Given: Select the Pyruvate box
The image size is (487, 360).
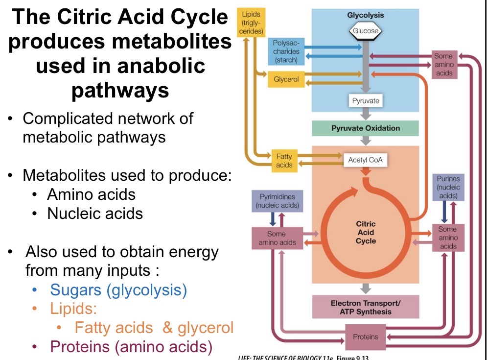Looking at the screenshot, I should [366, 101].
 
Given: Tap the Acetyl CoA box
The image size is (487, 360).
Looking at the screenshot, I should [365, 160].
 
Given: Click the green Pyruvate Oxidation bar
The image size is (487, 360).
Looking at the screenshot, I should [365, 128].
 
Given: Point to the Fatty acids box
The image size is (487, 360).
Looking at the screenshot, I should [284, 161].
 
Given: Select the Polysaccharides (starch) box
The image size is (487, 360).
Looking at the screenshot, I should [286, 51].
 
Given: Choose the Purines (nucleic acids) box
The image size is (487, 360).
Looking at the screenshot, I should [448, 187].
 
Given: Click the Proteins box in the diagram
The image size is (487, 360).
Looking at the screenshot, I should [365, 336].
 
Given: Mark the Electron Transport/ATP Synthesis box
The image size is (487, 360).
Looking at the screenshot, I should [365, 307].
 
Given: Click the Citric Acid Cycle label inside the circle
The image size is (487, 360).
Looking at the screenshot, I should [366, 233].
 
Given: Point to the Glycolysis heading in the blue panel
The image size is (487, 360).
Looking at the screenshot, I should [366, 15].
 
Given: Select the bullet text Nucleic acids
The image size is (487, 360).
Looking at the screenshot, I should [95, 214].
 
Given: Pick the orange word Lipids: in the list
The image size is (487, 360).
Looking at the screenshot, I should [74, 309].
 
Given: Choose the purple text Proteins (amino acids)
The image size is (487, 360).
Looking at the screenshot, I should [132, 347].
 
